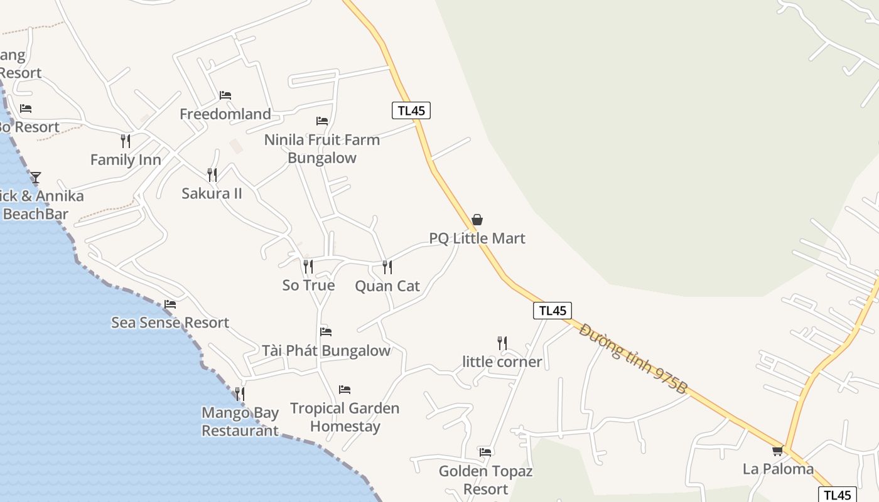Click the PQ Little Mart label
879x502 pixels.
click(477, 238)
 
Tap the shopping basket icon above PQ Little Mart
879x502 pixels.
click(477, 220)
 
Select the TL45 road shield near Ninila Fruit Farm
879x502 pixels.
click(411, 110)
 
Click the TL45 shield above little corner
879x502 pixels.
click(553, 310)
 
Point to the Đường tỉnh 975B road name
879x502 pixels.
click(633, 359)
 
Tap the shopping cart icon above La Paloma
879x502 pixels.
click(778, 451)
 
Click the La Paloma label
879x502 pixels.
click(778, 469)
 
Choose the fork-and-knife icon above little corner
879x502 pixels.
click(502, 343)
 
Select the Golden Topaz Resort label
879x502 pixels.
click(485, 480)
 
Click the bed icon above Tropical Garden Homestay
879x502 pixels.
click(344, 390)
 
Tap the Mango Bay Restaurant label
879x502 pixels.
click(240, 422)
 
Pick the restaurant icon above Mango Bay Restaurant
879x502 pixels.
click(240, 393)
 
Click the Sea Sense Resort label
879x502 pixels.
click(170, 323)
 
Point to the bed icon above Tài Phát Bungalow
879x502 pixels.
click(325, 331)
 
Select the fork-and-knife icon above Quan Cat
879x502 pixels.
click(387, 267)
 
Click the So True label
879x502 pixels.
click(308, 286)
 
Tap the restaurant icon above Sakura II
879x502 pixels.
click(212, 174)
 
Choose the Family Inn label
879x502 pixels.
click(126, 160)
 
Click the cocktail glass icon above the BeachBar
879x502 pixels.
click(36, 178)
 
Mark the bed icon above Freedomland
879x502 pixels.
click(225, 95)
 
